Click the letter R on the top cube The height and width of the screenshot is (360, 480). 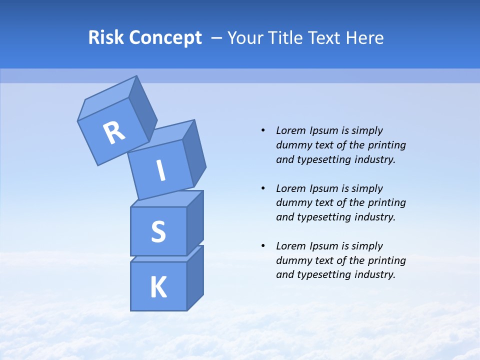point(114,132)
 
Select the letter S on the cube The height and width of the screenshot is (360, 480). point(158,231)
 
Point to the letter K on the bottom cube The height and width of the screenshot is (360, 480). point(158,287)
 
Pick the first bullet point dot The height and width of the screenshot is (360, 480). point(263,130)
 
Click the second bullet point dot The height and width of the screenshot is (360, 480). point(263,188)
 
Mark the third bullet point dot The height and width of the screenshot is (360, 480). point(263,246)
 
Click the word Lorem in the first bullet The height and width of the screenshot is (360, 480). point(290,130)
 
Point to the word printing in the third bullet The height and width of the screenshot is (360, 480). point(387,260)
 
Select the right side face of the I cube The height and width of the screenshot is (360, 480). point(194,155)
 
